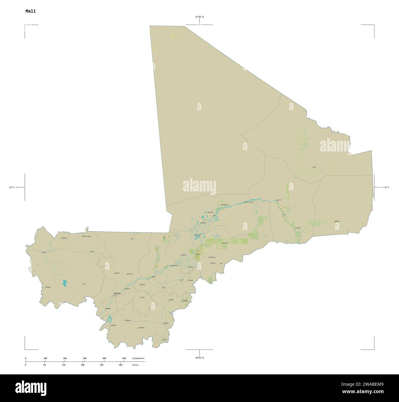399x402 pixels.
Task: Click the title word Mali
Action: tap(30, 11)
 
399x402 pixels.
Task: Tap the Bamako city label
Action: tap(118, 293)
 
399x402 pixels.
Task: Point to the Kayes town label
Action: tap(44, 252)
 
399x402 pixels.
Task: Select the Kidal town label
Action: tap(314, 167)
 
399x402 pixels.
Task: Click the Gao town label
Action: tap(285, 215)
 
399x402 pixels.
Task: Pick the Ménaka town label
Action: tap(337, 221)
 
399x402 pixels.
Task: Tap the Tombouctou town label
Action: tap(225, 204)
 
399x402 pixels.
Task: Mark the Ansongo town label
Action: tap(298, 228)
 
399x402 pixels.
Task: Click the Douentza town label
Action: tap(225, 242)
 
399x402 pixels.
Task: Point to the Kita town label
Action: tap(84, 284)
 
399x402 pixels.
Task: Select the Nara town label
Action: tap(132, 238)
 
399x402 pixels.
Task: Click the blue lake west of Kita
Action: tap(65, 283)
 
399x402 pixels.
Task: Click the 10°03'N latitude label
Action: tap(199, 358)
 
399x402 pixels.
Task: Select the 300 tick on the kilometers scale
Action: tap(84, 358)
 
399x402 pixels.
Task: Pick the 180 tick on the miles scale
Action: tap(84, 365)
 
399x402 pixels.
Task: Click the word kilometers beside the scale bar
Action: tap(138, 358)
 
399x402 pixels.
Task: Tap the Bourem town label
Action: tap(279, 200)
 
